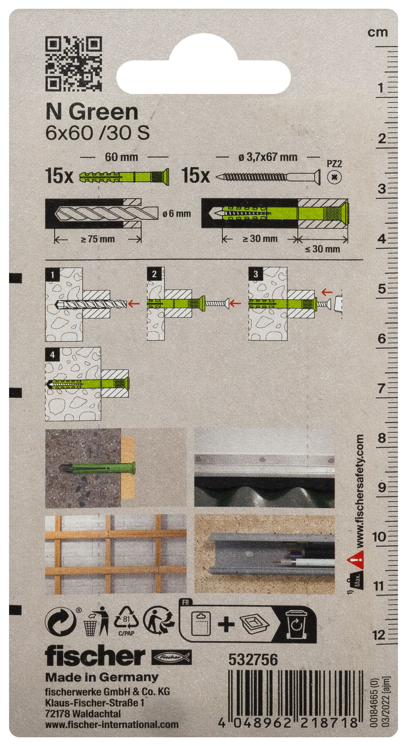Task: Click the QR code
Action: click(x=74, y=63)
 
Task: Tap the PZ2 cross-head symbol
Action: click(x=334, y=177)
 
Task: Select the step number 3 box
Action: click(x=256, y=274)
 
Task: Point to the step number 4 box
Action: click(x=53, y=354)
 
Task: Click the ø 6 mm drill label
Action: click(x=177, y=214)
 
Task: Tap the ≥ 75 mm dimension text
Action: click(x=98, y=239)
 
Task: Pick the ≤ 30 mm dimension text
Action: click(x=323, y=249)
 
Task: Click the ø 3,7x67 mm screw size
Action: click(x=268, y=157)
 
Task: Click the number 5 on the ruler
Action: click(x=382, y=289)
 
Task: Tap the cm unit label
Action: click(x=378, y=32)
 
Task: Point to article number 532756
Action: click(x=253, y=660)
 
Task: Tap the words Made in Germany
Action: click(x=102, y=677)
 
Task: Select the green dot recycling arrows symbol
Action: click(x=60, y=622)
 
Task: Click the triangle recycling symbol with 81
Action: click(x=126, y=620)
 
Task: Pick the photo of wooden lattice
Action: click(x=116, y=554)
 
